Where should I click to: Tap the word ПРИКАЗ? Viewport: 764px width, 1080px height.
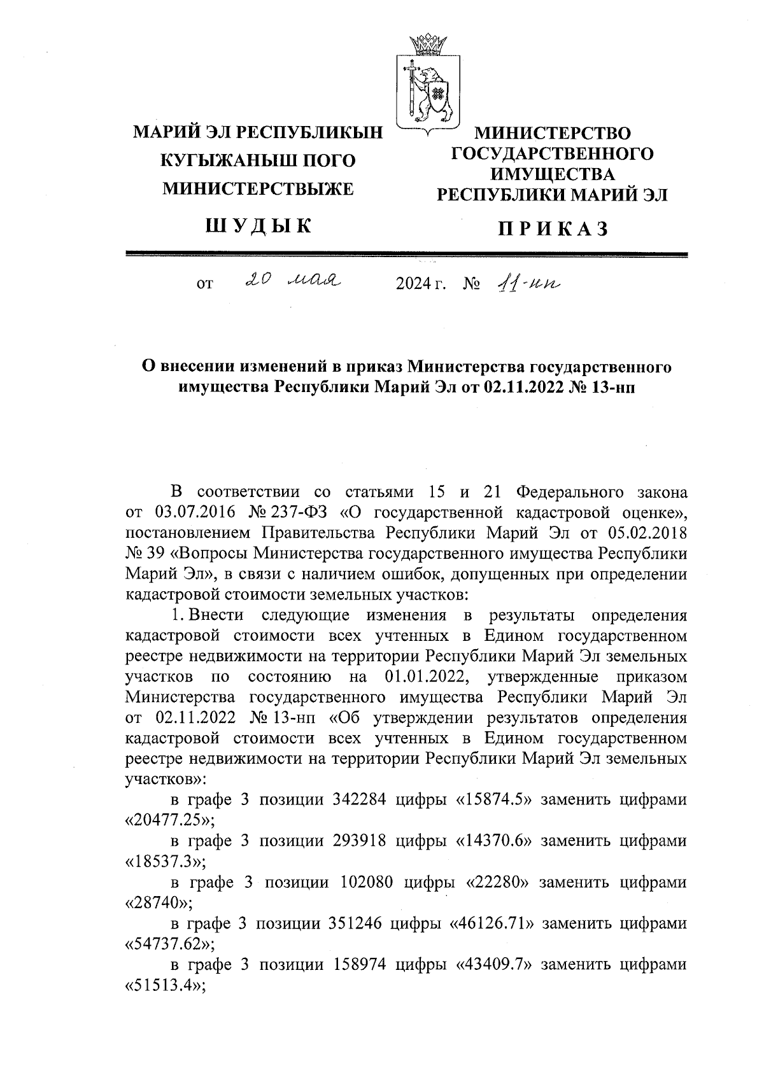pyautogui.click(x=552, y=228)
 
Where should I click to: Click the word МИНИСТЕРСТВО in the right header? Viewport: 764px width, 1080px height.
pyautogui.click(x=552, y=134)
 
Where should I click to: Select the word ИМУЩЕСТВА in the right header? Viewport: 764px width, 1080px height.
pyautogui.click(x=552, y=174)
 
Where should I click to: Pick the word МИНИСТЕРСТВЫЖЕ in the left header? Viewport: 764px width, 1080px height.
pyautogui.click(x=258, y=188)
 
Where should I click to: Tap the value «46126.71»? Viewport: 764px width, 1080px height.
pyautogui.click(x=495, y=923)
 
